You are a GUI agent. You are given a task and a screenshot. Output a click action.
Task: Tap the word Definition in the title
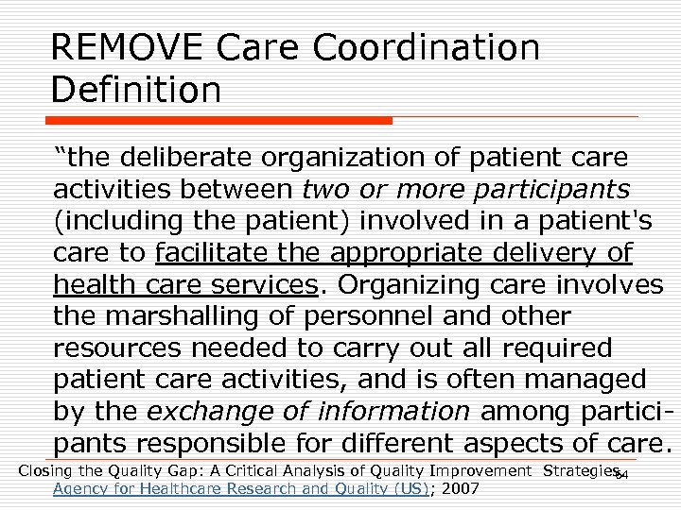(x=137, y=92)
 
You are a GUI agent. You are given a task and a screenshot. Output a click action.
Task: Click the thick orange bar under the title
(x=221, y=121)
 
